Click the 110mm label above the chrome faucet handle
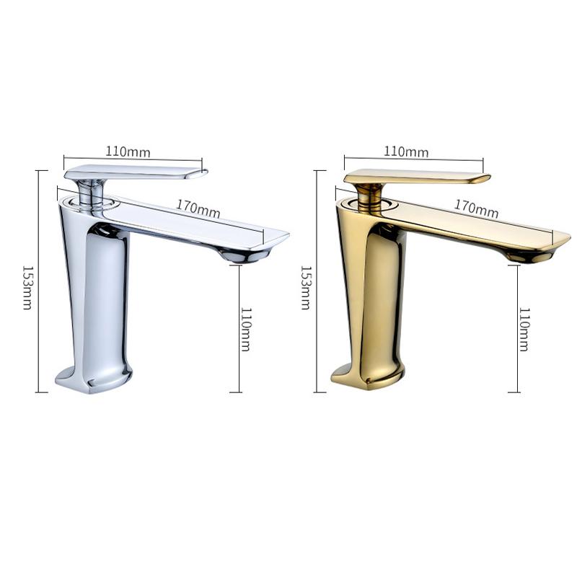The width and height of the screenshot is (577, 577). pyautogui.click(x=128, y=151)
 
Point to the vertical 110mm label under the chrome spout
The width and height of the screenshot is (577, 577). pyautogui.click(x=246, y=329)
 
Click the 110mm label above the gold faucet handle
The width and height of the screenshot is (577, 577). pyautogui.click(x=405, y=152)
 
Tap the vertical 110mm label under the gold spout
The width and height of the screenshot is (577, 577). pyautogui.click(x=524, y=329)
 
